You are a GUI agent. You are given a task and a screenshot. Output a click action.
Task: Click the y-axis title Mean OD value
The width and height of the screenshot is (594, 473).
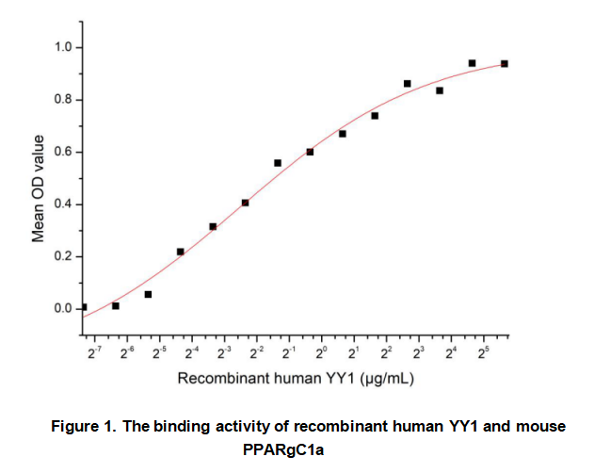pyautogui.click(x=39, y=188)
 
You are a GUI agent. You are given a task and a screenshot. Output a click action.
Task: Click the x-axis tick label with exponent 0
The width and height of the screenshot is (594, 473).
pyautogui.click(x=321, y=352)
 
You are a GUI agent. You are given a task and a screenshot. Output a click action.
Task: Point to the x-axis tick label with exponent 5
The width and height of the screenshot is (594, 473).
pyautogui.click(x=484, y=352)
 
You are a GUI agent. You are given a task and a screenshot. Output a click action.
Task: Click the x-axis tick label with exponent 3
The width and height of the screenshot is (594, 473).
pyautogui.click(x=419, y=352)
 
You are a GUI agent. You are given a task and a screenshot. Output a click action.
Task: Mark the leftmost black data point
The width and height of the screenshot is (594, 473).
pyautogui.click(x=84, y=307)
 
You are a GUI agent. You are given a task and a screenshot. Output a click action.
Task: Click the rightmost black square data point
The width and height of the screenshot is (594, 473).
pyautogui.click(x=505, y=63)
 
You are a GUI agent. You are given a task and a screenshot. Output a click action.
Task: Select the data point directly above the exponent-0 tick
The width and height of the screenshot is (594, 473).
pyautogui.click(x=310, y=152)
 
